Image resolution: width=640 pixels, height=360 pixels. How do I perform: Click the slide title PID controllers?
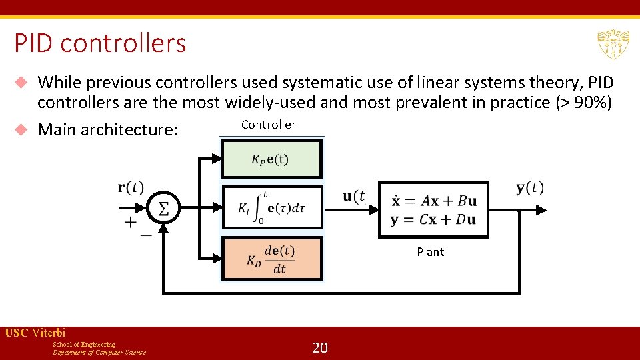point(100,43)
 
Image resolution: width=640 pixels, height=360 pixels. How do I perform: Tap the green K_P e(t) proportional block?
point(271,159)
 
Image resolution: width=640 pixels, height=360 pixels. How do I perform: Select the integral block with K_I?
point(271,207)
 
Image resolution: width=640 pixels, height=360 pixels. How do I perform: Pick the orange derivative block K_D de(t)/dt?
point(271,259)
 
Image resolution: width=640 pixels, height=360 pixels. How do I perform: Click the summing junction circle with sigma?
point(163,209)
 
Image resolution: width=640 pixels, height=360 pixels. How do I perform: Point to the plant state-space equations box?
point(433,209)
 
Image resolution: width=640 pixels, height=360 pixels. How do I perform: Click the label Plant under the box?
point(430,251)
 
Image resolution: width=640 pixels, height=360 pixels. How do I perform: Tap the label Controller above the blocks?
point(268,125)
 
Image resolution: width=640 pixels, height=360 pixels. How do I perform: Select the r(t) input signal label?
point(131,187)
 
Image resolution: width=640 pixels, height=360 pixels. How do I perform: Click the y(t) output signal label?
point(529,188)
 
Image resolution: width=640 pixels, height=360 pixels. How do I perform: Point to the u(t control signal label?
point(354,196)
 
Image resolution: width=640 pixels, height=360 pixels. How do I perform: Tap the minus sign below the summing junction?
point(145,235)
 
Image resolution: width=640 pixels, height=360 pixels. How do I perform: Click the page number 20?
point(320,347)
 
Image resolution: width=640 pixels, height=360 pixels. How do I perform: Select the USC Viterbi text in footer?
point(35,333)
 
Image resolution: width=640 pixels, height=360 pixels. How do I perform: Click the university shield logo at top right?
point(613,44)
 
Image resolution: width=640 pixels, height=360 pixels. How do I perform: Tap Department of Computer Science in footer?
point(99,353)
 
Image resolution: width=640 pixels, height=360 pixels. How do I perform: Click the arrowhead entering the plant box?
point(373,209)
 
